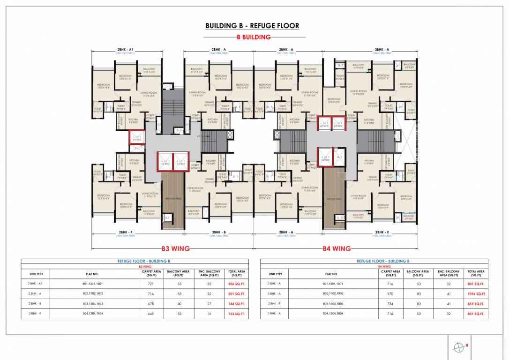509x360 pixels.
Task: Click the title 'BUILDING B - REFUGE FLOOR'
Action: click(252, 26)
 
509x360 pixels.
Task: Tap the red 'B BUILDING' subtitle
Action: click(253, 37)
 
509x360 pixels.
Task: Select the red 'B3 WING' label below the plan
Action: click(176, 248)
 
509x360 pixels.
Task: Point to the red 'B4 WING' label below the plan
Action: click(337, 248)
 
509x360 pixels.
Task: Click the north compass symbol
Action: click(458, 347)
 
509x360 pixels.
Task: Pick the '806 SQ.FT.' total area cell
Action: click(237, 284)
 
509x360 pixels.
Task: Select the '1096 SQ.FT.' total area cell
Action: click(476, 294)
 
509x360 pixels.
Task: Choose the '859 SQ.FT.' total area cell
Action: click(476, 304)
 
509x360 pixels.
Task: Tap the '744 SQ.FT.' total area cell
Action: click(237, 304)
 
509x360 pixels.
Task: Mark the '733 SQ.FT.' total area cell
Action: click(237, 314)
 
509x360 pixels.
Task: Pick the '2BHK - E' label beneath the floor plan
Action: click(382, 232)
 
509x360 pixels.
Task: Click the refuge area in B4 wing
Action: click(334, 199)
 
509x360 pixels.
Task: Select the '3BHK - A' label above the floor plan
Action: click(382, 49)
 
